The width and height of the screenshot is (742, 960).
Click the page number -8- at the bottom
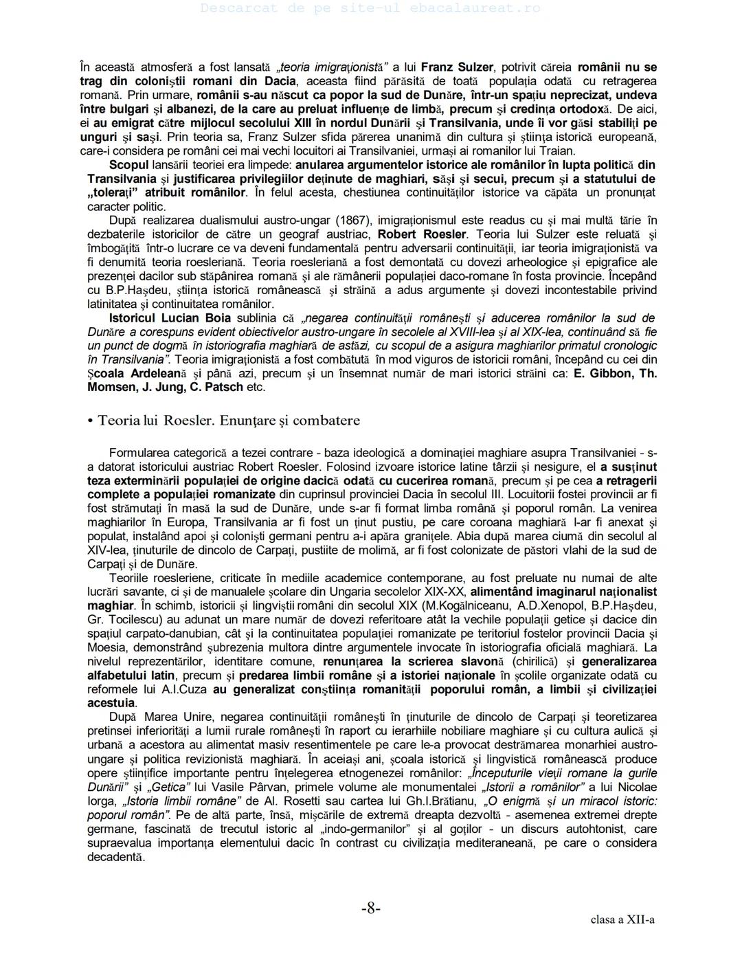371,908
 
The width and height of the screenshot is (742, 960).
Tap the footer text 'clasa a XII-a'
622,919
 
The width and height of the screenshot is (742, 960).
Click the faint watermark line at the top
371,8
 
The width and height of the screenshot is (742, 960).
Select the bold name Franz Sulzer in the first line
457,67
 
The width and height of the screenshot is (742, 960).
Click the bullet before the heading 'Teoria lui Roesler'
90,421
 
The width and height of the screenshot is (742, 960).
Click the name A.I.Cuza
188,689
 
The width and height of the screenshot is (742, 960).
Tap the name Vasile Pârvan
262,787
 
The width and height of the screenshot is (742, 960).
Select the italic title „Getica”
166,787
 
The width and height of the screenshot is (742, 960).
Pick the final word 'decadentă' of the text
116,856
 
